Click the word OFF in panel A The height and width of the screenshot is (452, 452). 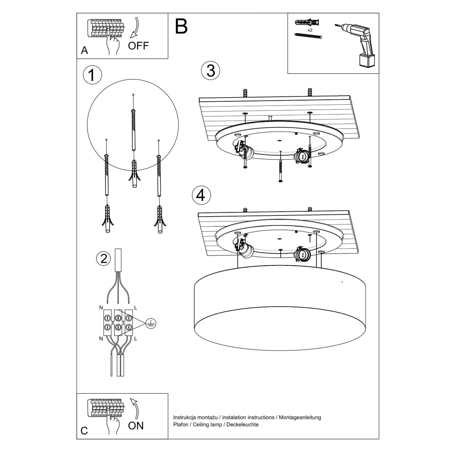coord(139,46)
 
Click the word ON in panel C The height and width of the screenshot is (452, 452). coord(136,426)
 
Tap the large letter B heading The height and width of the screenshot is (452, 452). coord(181,26)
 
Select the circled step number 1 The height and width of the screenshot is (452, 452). coord(92,75)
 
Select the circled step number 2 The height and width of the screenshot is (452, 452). coord(104,258)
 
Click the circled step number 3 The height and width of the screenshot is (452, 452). coord(211,70)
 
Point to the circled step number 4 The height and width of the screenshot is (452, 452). coord(201,195)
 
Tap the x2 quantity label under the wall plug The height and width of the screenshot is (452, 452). coord(310,29)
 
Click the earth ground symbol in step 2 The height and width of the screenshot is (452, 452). coord(151,322)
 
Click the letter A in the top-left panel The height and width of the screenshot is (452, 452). coord(84,50)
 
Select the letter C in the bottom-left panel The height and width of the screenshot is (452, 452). coord(84,431)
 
